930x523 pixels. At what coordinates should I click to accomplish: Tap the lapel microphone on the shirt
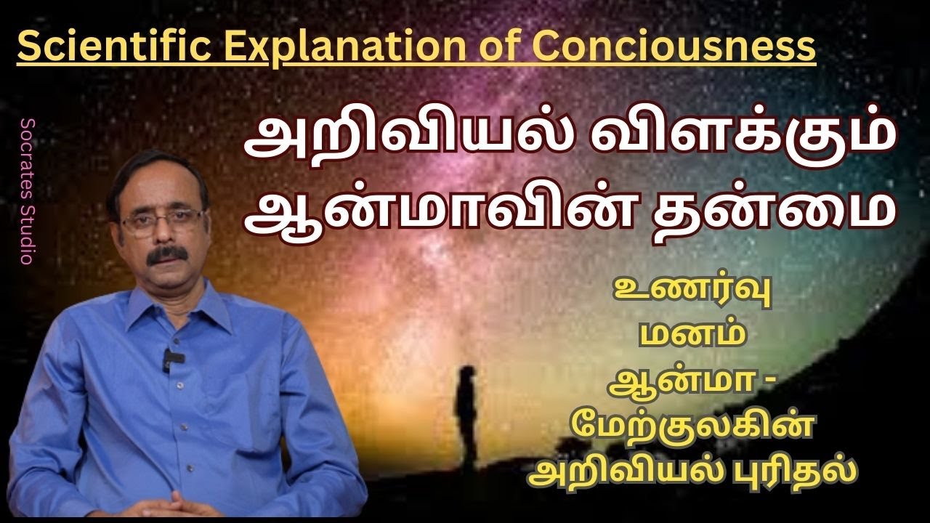click(x=168, y=358)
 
